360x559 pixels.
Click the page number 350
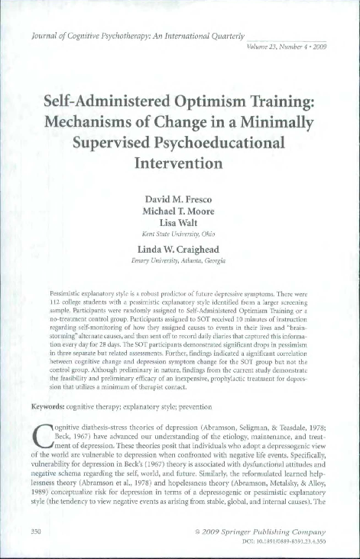[34, 530]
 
